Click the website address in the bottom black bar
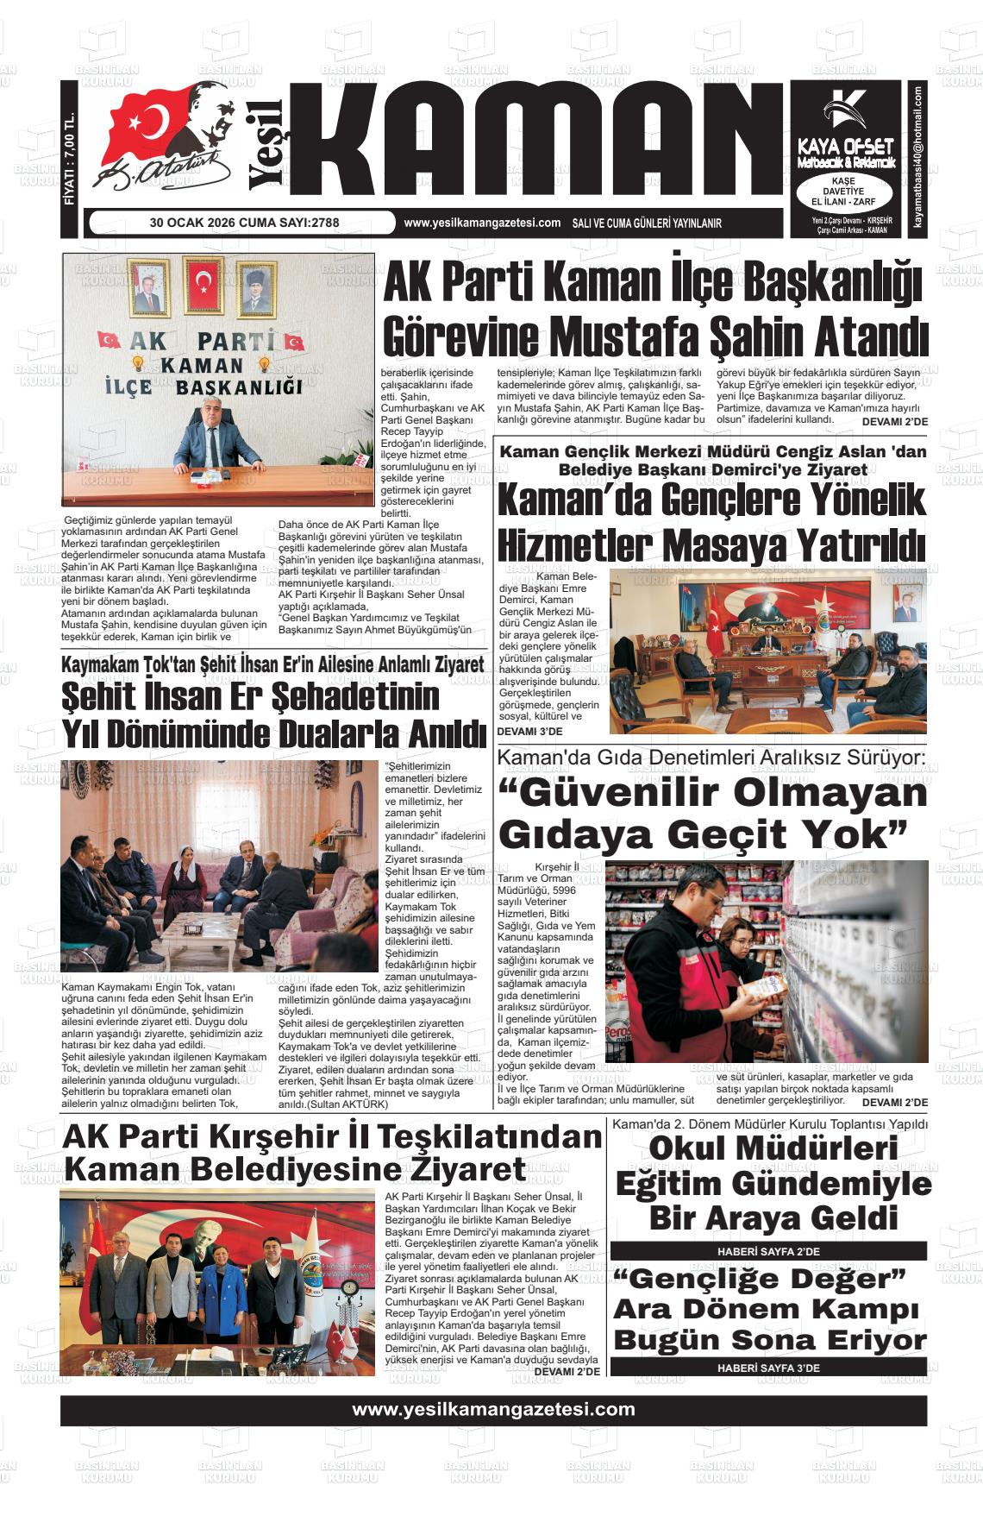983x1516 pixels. tap(493, 1410)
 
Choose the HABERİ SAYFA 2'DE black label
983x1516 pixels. tap(768, 1251)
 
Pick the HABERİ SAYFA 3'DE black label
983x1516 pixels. tap(768, 1368)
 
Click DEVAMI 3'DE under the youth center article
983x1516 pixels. tap(529, 732)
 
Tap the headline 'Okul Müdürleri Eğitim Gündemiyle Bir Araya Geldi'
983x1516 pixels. tap(773, 1184)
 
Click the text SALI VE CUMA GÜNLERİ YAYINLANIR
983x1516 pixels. tap(647, 223)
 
